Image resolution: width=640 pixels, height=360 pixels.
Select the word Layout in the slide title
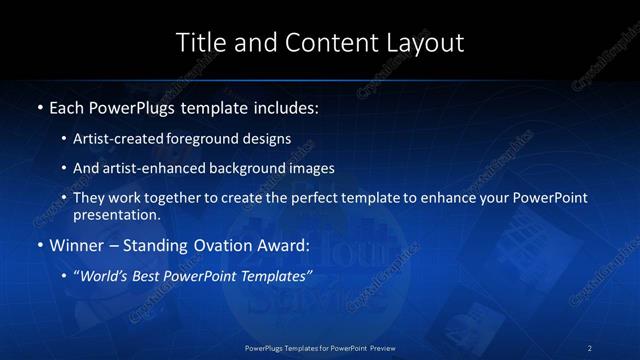click(424, 43)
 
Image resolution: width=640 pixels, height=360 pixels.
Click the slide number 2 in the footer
click(590, 347)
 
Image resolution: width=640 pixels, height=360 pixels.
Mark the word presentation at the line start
click(116, 214)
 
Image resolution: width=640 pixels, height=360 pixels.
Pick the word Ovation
click(219, 244)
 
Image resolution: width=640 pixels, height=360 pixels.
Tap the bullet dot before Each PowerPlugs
click(38, 105)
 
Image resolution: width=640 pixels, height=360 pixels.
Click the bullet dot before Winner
click(38, 244)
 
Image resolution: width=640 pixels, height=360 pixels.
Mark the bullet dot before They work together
click(64, 198)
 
